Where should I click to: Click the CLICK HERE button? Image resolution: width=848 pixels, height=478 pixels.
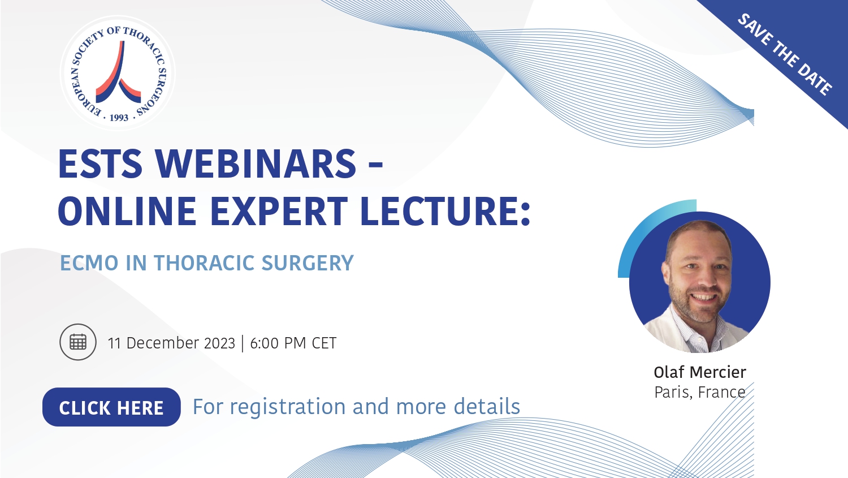111,407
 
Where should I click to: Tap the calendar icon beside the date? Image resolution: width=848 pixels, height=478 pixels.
78,342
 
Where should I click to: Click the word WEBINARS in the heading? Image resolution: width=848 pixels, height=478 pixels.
256,164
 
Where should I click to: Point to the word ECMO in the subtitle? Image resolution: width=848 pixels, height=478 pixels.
89,263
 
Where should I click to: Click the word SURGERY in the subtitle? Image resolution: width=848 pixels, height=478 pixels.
308,263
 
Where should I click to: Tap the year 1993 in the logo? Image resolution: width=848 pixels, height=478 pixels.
119,118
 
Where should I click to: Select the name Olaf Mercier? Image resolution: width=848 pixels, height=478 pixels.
700,372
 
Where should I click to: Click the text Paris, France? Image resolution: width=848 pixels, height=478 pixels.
700,392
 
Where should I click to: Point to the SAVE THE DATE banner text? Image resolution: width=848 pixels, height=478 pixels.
785,54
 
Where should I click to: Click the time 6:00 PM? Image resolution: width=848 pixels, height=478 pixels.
278,343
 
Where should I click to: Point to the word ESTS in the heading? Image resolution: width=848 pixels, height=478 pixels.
100,164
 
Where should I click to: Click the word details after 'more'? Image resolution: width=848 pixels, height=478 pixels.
487,406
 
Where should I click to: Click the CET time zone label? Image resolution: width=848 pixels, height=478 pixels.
324,343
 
